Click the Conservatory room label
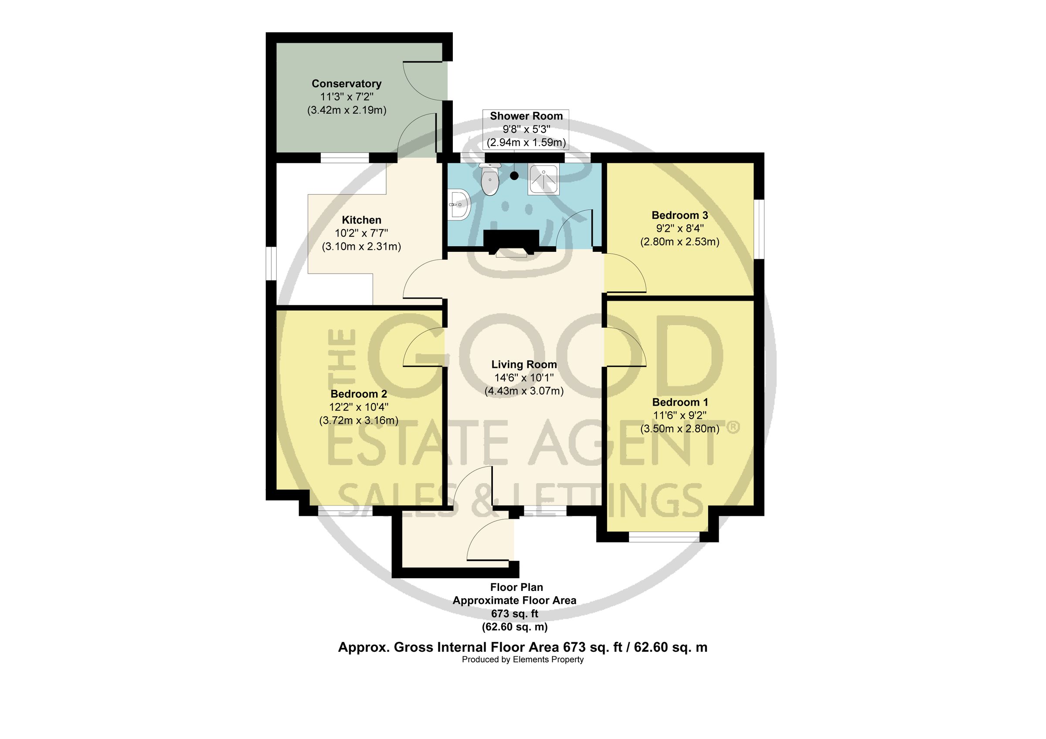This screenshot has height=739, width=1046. point(346,84)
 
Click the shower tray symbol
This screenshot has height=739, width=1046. point(543,180)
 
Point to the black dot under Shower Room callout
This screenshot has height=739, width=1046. point(514,175)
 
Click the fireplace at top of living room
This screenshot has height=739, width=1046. point(511,243)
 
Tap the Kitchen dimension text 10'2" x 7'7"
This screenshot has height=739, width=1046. point(361,234)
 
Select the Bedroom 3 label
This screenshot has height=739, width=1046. point(680,215)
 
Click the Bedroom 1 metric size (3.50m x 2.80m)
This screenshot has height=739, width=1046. point(680,428)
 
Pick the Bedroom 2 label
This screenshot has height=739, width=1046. point(359,394)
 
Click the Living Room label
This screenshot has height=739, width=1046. point(524,364)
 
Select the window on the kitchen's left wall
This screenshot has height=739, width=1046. point(271,264)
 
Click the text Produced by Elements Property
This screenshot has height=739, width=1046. point(523,660)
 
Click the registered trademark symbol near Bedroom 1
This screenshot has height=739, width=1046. point(733,427)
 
